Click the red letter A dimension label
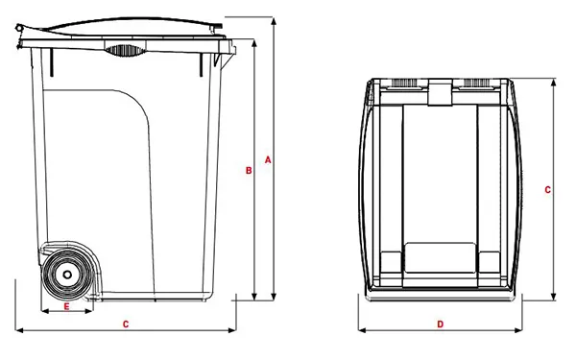click(268, 159)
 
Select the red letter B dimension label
click(248, 171)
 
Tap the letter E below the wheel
click(66, 307)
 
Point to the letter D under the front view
click(440, 324)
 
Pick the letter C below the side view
click(126, 324)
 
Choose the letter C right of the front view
click(547, 190)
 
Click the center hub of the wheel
click(66, 276)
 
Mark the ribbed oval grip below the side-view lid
click(122, 50)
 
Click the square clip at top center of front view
click(440, 93)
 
